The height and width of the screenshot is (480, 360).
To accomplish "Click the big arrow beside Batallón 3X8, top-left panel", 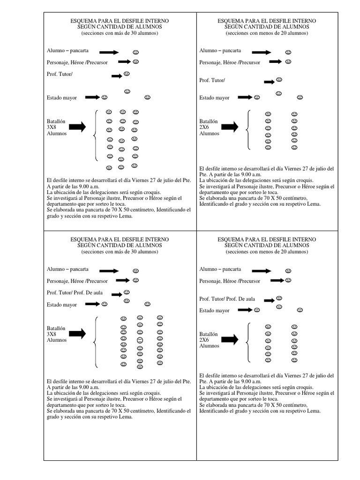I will coord(77,127).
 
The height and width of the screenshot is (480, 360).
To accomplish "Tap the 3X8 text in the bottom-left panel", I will coord(51,334).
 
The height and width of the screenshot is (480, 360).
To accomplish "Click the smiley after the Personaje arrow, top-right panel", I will coord(289,61).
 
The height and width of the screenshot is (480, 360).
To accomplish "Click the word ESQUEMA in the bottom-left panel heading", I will coord(81,240).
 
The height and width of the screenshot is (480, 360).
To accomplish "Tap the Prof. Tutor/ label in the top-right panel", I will coord(212,80).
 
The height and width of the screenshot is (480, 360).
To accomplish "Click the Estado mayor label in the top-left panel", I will coord(61,97).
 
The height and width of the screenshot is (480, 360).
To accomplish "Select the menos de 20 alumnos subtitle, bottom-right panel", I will coord(267,252).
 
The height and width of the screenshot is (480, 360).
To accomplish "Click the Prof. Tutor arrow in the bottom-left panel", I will coord(115,294).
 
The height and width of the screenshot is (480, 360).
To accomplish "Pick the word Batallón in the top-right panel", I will coord(209,121).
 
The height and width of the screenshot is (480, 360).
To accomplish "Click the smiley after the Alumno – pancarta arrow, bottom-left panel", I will coord(135,270).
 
